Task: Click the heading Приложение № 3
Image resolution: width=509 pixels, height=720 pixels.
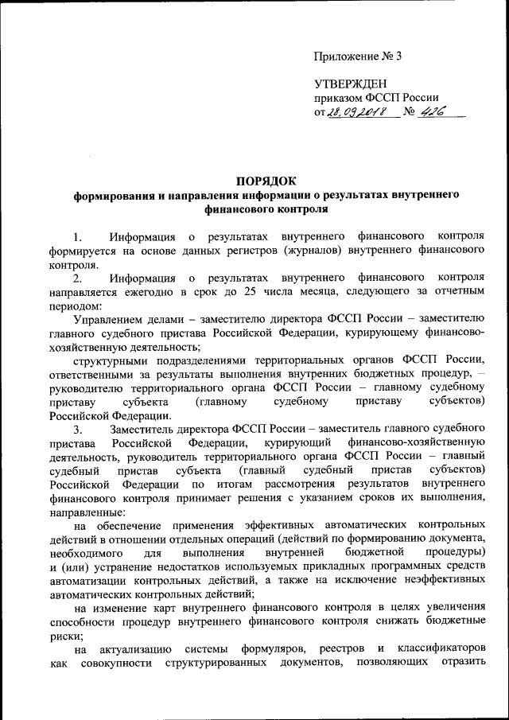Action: (358, 56)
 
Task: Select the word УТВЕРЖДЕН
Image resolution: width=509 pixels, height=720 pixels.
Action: (350, 84)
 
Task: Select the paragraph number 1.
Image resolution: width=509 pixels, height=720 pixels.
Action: (77, 237)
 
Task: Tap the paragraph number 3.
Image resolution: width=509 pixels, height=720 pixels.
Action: (77, 429)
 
